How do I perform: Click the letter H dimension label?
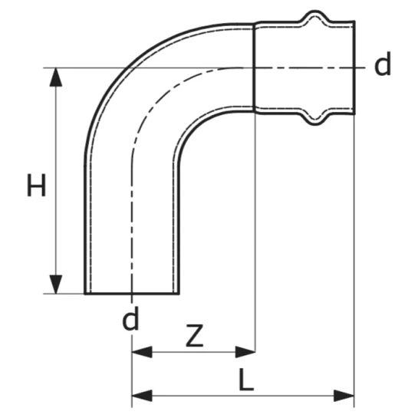[x=37, y=185]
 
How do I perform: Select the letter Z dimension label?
[x=195, y=335]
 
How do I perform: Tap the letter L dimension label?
[x=245, y=380]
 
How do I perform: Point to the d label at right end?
[x=383, y=64]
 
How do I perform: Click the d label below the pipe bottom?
[x=130, y=318]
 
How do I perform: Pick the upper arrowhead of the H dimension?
[x=56, y=77]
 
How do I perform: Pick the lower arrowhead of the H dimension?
[x=56, y=285]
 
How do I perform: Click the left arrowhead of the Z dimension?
[x=142, y=352]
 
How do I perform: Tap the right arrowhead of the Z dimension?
[x=245, y=352]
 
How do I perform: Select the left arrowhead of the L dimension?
[x=142, y=396]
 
